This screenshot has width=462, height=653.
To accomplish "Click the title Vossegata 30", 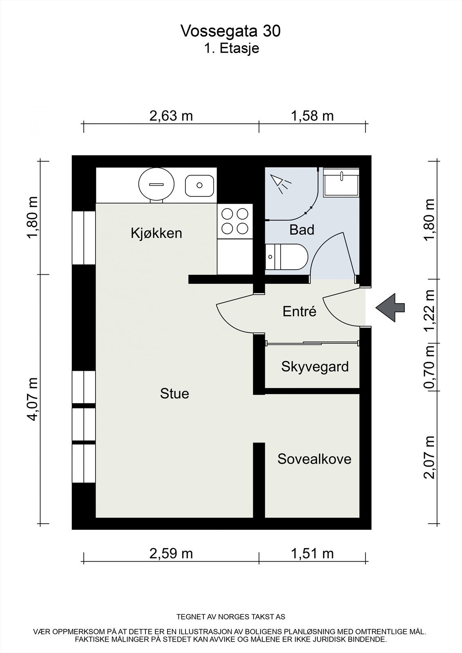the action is coord(230,31).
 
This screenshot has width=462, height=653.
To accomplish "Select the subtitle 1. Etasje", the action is coord(232,49).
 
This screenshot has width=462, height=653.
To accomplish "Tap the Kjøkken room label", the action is coord(156,233).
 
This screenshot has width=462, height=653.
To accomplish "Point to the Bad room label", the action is coord(302,230).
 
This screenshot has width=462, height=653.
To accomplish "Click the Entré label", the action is coord(299,311).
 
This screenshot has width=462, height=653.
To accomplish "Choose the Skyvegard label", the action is coord(315,367).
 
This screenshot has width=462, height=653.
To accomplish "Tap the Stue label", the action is coord(174,393).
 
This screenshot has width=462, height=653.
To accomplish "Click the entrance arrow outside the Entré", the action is coord(390,308).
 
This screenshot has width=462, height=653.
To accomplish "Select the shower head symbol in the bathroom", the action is coord(280,183).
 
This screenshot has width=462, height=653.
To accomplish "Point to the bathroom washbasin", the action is coord(341,182).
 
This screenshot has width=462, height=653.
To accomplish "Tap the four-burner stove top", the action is coord(234,221).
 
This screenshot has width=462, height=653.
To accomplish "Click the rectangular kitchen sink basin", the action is coord(199,186).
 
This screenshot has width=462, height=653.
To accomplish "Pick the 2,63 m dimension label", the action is coord(171,116).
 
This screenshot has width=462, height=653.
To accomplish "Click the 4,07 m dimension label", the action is coord(33,399).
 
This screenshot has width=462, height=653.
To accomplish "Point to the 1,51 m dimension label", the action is coord(312,553).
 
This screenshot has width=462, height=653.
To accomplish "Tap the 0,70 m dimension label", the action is coord(429,367).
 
